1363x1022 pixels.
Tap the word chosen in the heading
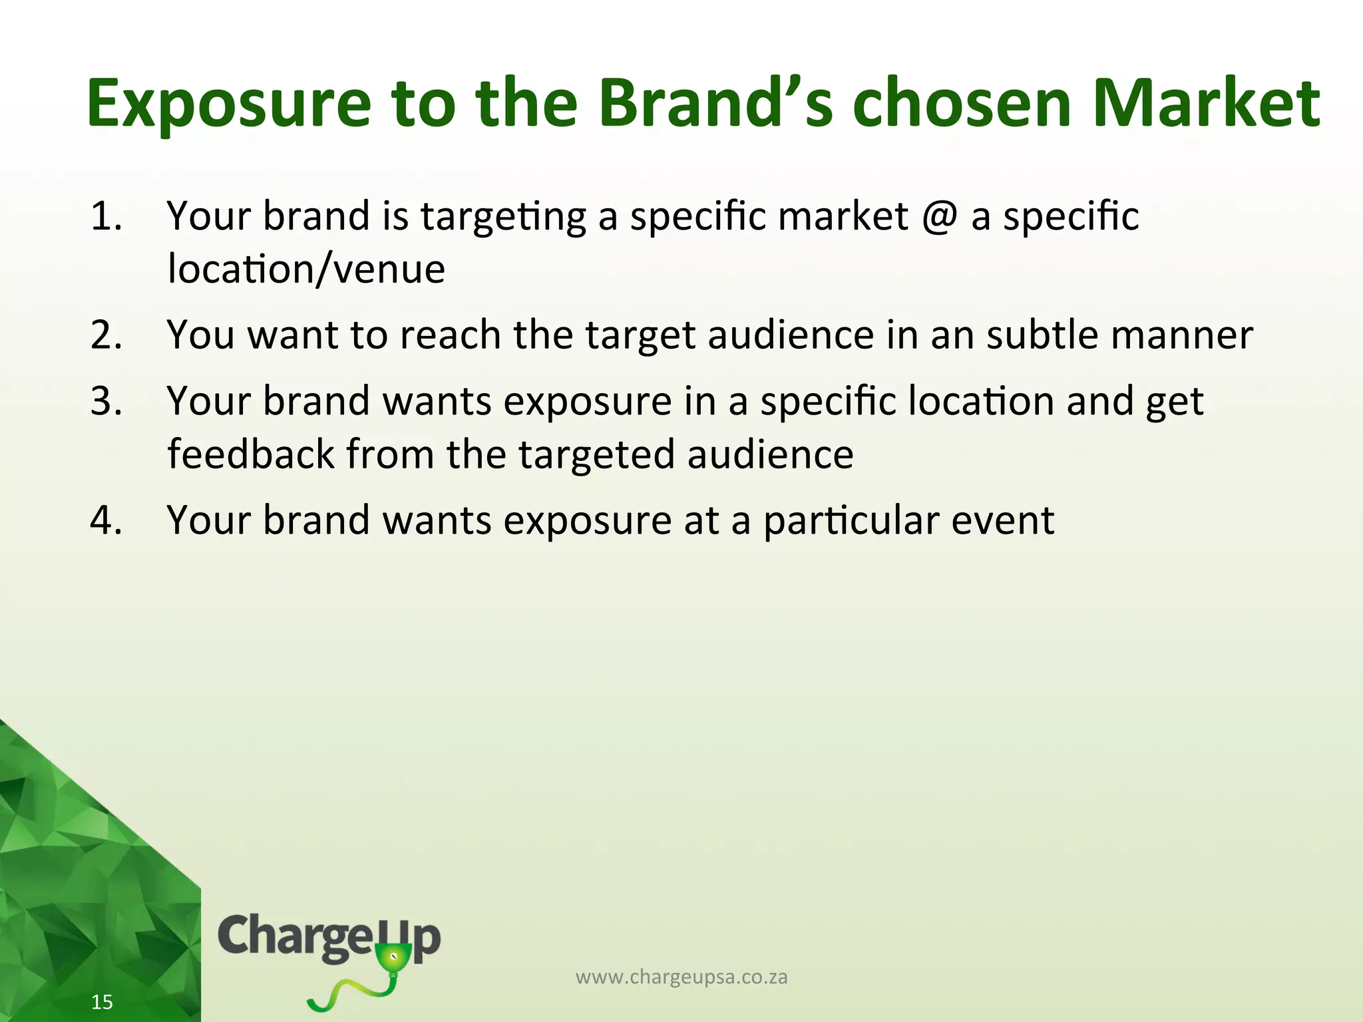(x=962, y=104)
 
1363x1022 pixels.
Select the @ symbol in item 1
(x=940, y=216)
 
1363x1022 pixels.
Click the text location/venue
(x=306, y=269)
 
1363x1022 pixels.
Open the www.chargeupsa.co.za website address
(x=681, y=977)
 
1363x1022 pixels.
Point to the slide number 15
(x=102, y=1002)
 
